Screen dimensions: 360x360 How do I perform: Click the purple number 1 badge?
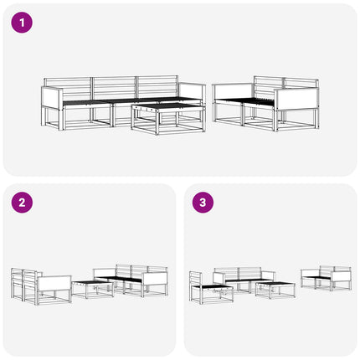22,23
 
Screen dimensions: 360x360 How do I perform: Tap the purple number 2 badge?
22,203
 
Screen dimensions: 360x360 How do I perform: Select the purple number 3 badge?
203,203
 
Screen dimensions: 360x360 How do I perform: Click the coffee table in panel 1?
168,118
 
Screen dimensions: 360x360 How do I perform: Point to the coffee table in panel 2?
93,290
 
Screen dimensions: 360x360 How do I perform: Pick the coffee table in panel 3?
275,290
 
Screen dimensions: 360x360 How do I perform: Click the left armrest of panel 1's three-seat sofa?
52,97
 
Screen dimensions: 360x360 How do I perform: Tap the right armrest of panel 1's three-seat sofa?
192,91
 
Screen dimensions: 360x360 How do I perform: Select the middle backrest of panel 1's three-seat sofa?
114,88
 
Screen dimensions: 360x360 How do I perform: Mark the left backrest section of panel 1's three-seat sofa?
68,88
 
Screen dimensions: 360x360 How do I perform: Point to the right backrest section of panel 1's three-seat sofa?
157,86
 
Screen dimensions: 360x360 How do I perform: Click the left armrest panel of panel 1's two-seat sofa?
234,91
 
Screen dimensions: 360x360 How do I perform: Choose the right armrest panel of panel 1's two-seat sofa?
296,99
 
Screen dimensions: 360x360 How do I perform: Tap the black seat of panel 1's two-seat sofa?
247,102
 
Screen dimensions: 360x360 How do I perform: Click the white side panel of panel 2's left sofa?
54,284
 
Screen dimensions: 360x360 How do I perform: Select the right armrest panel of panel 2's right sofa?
155,279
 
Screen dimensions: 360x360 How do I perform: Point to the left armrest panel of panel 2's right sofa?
105,273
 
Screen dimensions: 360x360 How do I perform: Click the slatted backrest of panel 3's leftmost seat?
195,279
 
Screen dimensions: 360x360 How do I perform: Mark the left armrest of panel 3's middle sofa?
219,279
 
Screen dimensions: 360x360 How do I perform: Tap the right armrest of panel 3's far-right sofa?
341,277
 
